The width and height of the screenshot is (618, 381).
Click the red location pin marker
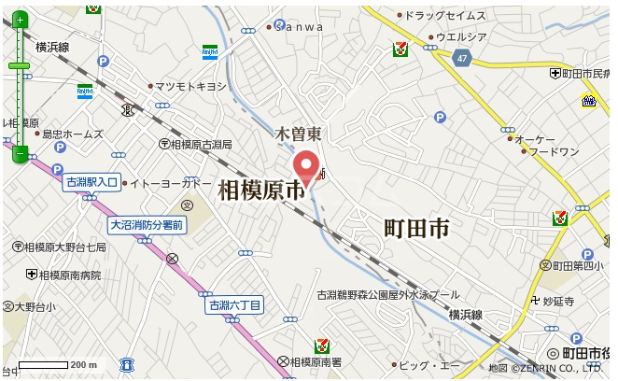306,167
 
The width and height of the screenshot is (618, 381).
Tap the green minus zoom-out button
20,153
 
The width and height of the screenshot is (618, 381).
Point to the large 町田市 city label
416,227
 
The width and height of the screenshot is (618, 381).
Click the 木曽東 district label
297,134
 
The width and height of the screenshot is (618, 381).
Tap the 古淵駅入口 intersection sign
91,183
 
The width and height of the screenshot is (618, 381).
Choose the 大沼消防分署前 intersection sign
147,224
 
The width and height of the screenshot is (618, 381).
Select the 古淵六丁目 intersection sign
235,304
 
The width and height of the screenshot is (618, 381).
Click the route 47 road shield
463,58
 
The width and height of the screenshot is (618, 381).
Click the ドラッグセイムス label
446,16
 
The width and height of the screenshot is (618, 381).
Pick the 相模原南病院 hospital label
70,275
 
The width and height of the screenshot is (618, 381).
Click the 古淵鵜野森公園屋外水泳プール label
387,294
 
